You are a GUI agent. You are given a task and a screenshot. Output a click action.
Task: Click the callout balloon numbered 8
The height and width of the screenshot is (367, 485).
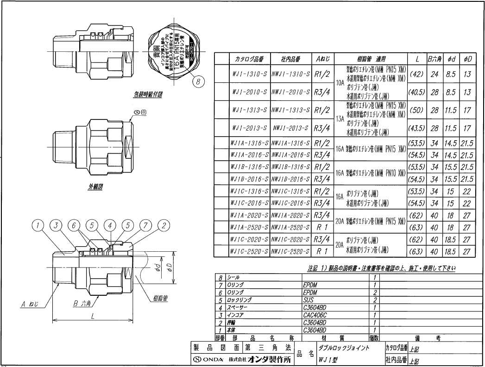tap(198, 81)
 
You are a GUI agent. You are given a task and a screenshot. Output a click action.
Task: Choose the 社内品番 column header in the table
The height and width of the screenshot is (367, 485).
tap(290, 59)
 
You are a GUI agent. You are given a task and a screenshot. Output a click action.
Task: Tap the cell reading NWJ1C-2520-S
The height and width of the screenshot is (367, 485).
tap(290, 251)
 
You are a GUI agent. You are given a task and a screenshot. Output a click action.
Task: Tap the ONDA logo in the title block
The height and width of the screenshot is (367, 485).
tap(211, 360)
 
